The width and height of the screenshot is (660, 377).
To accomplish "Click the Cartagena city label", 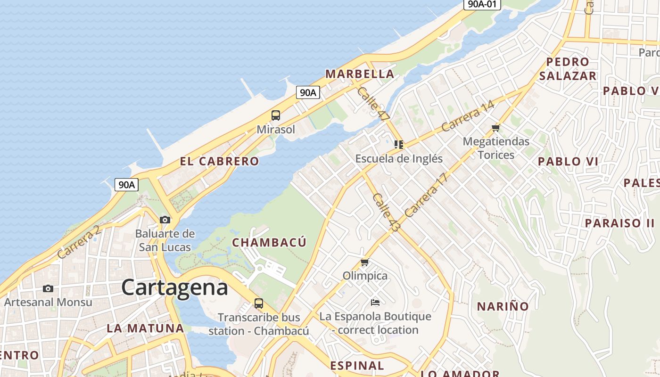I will [x=174, y=287].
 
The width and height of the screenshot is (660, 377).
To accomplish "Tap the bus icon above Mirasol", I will [x=276, y=115].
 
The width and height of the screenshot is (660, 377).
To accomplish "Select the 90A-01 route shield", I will [x=481, y=4].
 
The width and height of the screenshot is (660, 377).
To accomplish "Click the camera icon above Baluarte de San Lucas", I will [x=165, y=220].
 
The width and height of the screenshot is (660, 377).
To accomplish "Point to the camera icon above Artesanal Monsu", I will [x=48, y=288].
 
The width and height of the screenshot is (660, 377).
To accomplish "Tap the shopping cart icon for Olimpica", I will [x=364, y=262].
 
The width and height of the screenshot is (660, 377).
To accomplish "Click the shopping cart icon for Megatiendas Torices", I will [x=495, y=128].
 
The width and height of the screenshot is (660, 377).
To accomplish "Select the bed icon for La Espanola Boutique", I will [x=375, y=302].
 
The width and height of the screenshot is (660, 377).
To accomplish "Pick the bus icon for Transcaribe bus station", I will [x=258, y=303].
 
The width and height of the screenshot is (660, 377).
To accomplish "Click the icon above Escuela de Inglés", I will [x=399, y=145].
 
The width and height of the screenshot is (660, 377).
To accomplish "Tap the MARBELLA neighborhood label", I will [x=360, y=74].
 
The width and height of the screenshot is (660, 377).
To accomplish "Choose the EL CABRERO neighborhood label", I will [x=219, y=161].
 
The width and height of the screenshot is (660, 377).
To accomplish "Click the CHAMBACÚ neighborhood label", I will [x=269, y=242].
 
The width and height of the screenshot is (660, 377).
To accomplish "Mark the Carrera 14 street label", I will [x=468, y=116].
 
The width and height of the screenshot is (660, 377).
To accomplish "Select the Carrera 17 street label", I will [x=426, y=195].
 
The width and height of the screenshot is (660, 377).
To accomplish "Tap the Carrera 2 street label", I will [x=79, y=241].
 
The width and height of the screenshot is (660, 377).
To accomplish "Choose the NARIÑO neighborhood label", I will [x=503, y=306].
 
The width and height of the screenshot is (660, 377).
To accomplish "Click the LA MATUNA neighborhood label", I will [x=145, y=328].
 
